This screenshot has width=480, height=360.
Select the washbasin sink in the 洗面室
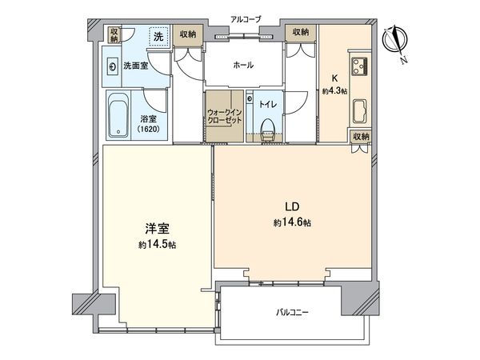click(x=116, y=67)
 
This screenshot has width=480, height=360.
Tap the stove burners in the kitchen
click(x=356, y=66)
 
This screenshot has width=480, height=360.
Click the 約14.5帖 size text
click(x=158, y=244)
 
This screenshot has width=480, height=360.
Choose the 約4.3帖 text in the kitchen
click(x=335, y=90)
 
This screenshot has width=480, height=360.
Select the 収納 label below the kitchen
click(x=361, y=136)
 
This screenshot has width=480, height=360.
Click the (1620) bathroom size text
click(x=148, y=128)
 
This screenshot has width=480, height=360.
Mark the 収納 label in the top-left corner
click(x=115, y=34)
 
